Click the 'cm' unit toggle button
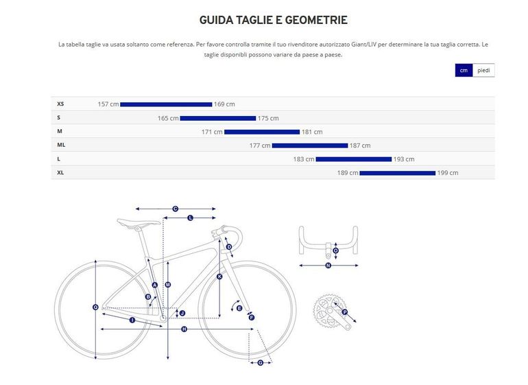tap(464, 70)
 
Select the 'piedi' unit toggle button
tap(483, 70)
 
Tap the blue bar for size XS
tap(166, 104)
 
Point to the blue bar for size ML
tap(310, 145)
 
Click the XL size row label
tap(60, 173)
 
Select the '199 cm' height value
tap(448, 173)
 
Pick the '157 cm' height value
tap(108, 104)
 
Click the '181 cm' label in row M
tap(312, 132)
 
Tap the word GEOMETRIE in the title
tap(316, 20)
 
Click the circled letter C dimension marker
tap(175, 209)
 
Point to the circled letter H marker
tap(184, 329)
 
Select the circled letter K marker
tap(219, 277)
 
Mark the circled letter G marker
tap(261, 363)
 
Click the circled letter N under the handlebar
tap(328, 266)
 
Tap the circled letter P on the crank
tap(344, 312)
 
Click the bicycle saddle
tap(138, 222)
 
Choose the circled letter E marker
tap(239, 308)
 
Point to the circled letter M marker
tap(168, 285)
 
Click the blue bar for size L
tap(354, 159)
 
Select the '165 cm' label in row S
tap(168, 118)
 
